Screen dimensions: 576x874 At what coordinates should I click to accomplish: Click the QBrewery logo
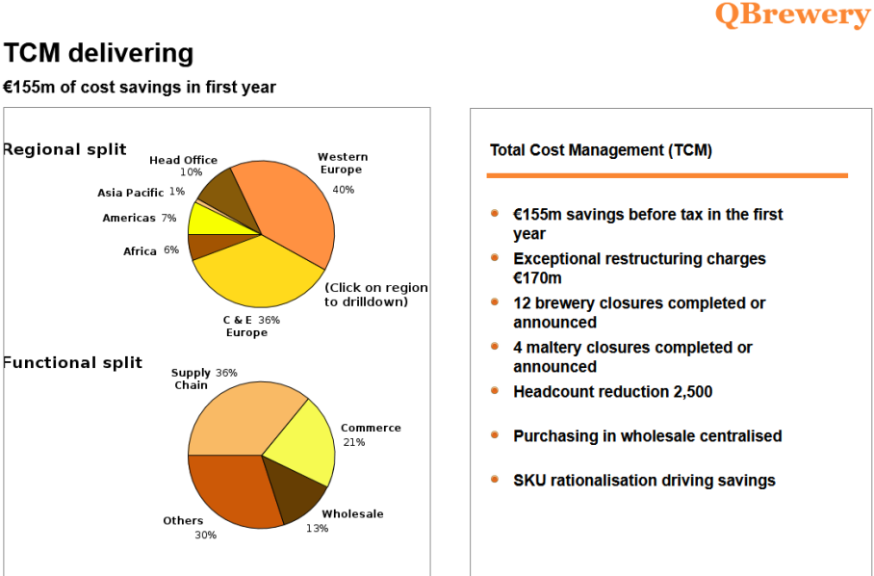tap(791, 14)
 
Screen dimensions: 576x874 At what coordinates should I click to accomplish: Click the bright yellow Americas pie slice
tap(209, 219)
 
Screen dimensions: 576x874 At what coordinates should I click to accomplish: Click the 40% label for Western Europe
tap(343, 190)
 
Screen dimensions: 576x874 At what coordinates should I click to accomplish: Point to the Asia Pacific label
tap(131, 193)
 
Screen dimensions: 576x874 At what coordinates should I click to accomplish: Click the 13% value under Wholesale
tap(318, 528)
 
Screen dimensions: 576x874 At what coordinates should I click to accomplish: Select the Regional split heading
tap(64, 149)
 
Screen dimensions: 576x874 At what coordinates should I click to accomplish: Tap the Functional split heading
tap(72, 363)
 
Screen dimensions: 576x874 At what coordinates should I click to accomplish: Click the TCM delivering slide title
tap(98, 53)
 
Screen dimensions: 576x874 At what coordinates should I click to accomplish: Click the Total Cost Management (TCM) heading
tap(601, 150)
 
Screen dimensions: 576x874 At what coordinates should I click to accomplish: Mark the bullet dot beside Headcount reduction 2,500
tap(495, 391)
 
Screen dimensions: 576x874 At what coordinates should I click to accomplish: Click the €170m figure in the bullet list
tap(537, 278)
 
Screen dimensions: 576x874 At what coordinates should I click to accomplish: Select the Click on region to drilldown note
tap(376, 295)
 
